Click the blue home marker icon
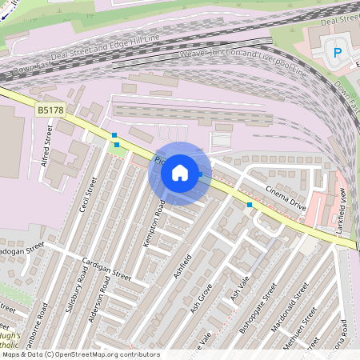tap(180, 173)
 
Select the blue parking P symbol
tap(338, 54)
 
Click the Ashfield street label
tap(182, 266)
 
